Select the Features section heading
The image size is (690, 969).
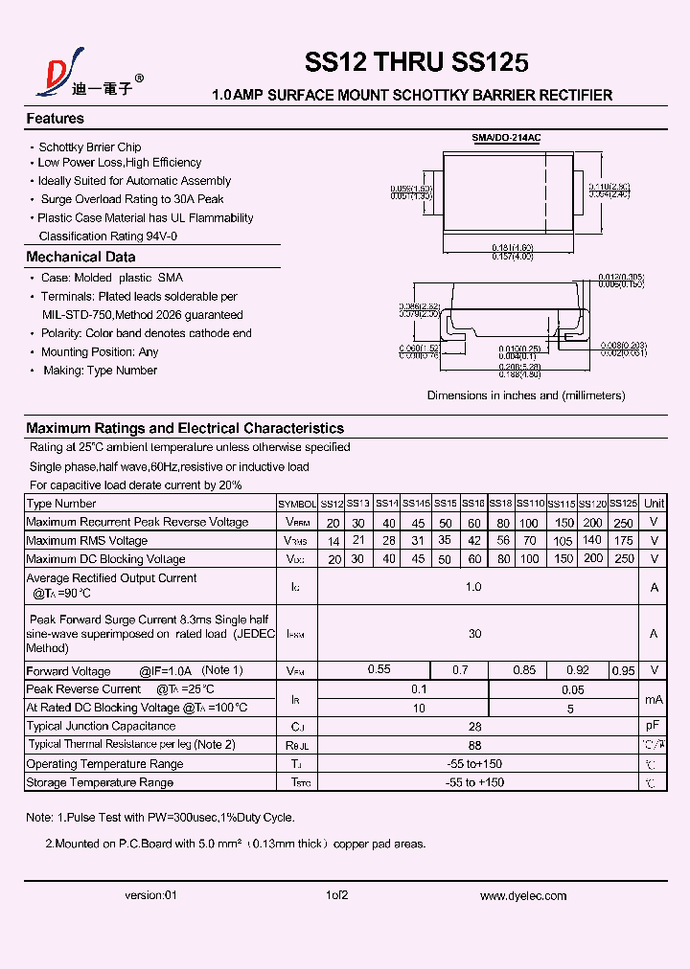tap(55, 119)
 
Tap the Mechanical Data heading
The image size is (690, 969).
tap(80, 257)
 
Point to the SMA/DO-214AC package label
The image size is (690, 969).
tap(506, 138)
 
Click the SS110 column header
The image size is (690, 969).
tap(530, 504)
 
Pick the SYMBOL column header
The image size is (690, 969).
tap(297, 504)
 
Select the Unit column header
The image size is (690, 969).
tap(654, 504)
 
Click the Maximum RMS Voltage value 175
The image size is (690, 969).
tap(623, 540)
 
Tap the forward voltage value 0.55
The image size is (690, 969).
tap(379, 670)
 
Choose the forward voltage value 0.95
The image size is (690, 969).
tap(623, 670)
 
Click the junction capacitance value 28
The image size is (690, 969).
tap(474, 727)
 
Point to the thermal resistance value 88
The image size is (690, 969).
tap(474, 745)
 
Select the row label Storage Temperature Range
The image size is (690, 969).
tap(100, 782)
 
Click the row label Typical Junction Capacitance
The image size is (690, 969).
tap(102, 727)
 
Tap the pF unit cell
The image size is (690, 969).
tap(654, 727)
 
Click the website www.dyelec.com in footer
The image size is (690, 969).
tap(523, 896)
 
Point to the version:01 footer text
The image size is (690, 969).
tap(151, 896)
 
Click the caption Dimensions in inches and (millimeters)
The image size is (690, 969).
tap(525, 395)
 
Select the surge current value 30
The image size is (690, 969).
tap(474, 634)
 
